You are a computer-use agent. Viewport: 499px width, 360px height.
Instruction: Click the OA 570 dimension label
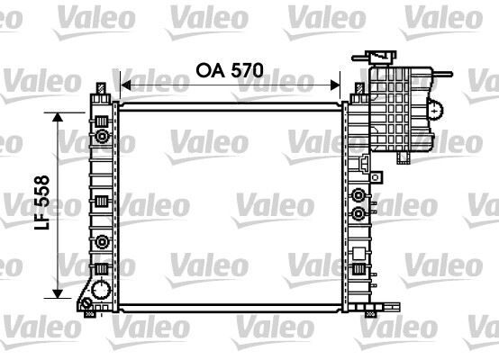click(x=231, y=68)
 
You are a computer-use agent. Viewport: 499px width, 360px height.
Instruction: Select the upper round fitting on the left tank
click(x=102, y=137)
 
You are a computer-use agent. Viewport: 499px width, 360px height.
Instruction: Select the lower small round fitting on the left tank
click(x=102, y=241)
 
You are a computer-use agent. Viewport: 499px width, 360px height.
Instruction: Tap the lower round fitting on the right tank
click(x=360, y=214)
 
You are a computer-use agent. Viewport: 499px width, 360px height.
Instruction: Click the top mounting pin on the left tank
click(x=101, y=87)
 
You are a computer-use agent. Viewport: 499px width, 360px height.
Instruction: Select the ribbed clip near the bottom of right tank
click(x=359, y=271)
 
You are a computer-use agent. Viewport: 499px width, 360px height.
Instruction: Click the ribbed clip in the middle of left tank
click(x=102, y=201)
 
